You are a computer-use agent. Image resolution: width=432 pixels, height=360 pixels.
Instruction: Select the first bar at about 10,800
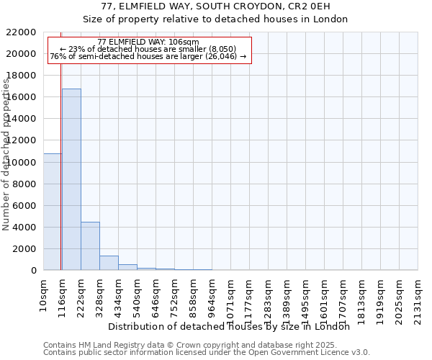(52, 212)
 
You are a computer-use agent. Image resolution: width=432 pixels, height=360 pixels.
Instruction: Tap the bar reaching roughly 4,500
(90, 246)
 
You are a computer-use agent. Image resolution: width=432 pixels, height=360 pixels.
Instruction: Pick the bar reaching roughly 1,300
(109, 263)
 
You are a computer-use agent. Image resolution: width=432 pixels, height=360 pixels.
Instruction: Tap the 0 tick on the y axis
(33, 271)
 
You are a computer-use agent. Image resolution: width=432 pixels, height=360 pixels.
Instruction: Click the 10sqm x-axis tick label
(44, 294)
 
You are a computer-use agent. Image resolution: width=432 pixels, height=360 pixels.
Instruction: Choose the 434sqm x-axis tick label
(119, 296)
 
